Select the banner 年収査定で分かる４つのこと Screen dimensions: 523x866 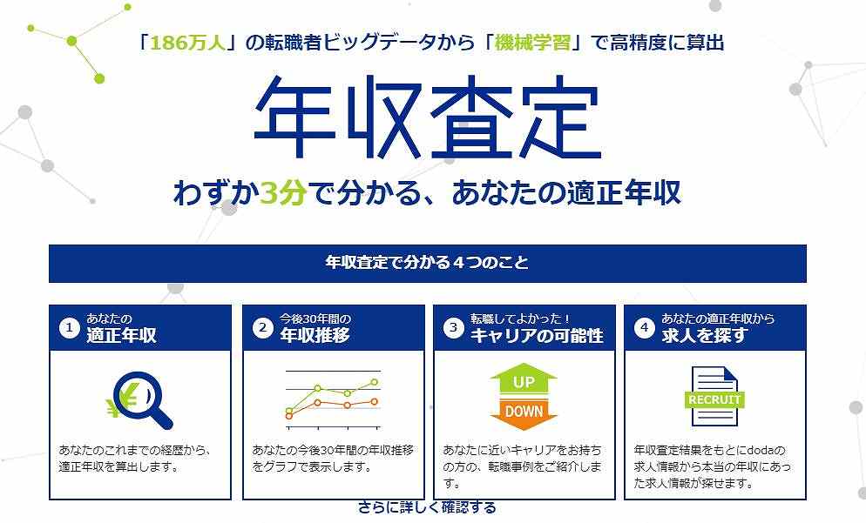pyautogui.click(x=427, y=263)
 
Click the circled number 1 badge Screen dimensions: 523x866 pyautogui.click(x=69, y=328)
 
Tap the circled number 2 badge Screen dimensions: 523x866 pyautogui.click(x=261, y=328)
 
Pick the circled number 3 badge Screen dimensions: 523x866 pyautogui.click(x=452, y=328)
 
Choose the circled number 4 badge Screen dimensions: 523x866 pyautogui.click(x=644, y=328)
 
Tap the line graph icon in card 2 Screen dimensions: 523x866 pyautogui.click(x=332, y=399)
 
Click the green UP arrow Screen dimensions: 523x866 pyautogui.click(x=523, y=381)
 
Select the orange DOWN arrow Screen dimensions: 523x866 pyautogui.click(x=523, y=413)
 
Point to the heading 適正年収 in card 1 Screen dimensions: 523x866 pyautogui.click(x=121, y=335)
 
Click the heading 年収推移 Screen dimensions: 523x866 pyautogui.click(x=315, y=335)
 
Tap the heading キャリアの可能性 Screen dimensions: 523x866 pyautogui.click(x=537, y=335)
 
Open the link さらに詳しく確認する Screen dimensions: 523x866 pyautogui.click(x=427, y=507)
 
